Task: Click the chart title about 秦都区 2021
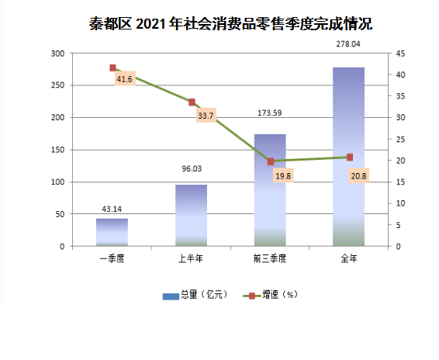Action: (230, 23)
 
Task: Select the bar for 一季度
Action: (112, 232)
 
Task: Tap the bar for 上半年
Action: (192, 216)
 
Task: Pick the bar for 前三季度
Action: (270, 190)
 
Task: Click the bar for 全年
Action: (348, 157)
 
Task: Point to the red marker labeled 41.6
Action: (112, 67)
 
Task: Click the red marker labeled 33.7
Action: (192, 102)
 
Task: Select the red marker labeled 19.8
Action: (271, 161)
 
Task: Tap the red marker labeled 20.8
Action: (350, 157)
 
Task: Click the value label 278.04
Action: (348, 44)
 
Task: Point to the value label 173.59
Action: (270, 113)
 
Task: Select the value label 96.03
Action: (192, 168)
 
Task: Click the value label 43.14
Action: (112, 209)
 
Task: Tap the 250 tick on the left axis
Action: (57, 85)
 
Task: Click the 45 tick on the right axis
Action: (400, 54)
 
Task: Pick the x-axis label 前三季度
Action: (270, 258)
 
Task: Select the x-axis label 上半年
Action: (191, 258)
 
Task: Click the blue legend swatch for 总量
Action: (171, 296)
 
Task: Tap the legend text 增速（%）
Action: (280, 295)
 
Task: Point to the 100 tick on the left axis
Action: (57, 182)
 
